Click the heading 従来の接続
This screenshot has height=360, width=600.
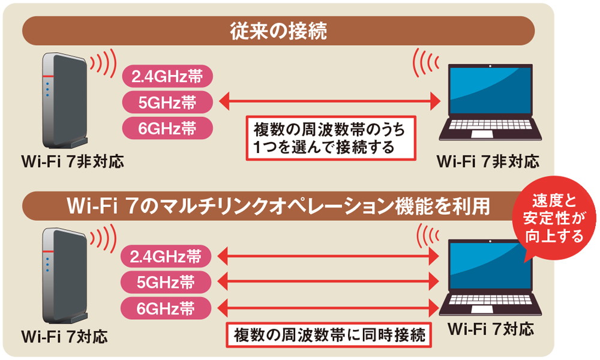pos(278,31)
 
